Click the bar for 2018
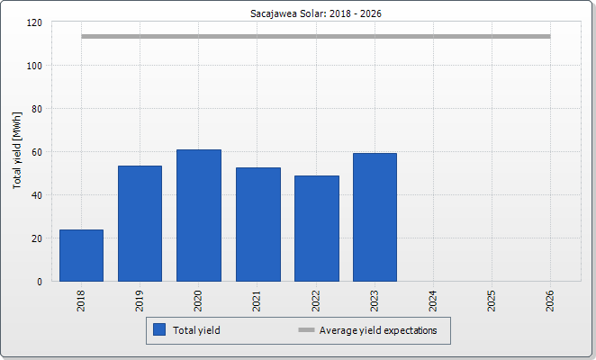coord(81,256)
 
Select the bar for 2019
coord(140,223)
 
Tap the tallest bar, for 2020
coord(199,215)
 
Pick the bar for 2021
coord(258,225)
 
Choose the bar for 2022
coord(317,229)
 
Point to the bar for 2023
coord(375,218)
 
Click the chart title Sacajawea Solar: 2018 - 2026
coord(316,13)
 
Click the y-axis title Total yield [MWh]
coord(17,150)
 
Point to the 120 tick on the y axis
coord(34,22)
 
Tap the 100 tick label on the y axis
coord(34,66)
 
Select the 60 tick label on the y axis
coord(37,152)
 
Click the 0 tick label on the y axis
coord(40,282)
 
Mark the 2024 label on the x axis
coord(433,301)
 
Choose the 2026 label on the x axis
coord(550,301)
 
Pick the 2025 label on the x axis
coord(492,301)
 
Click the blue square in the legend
coord(159,329)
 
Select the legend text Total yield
coord(196,330)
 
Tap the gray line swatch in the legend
coord(306,330)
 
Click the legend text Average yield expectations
coord(378,330)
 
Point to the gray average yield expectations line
coord(316,37)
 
